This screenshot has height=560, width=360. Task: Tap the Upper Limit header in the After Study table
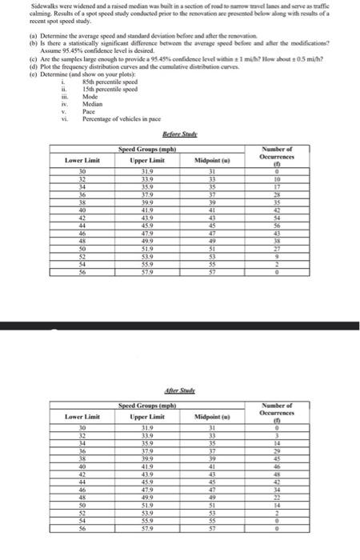[146, 416]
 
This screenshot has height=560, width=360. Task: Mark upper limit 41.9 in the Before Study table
[146, 210]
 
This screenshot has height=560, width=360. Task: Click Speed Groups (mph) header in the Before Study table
[146, 150]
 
